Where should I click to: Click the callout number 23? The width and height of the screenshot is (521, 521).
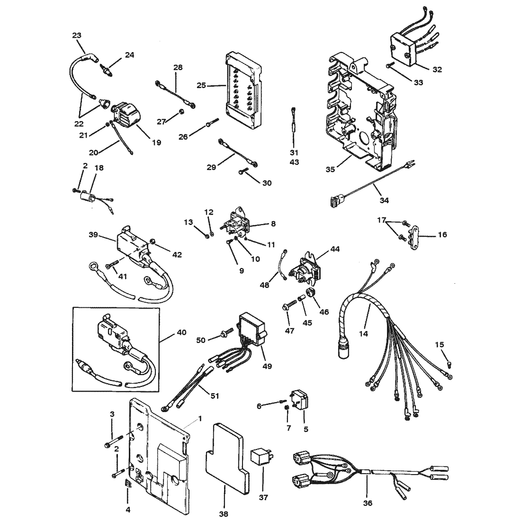coord(76,35)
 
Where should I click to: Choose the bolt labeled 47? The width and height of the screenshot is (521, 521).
coord(290,309)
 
